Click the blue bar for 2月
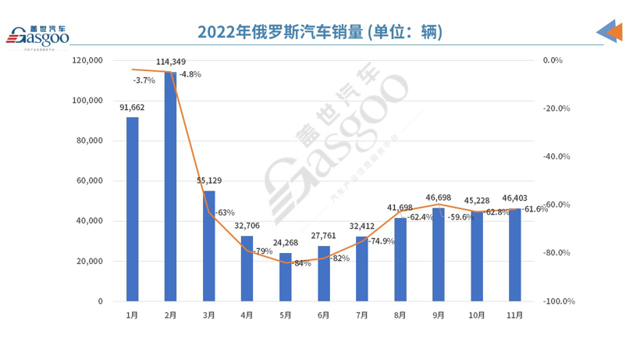pyautogui.click(x=171, y=187)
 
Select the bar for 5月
pyautogui.click(x=286, y=277)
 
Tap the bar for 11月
pyautogui.click(x=515, y=255)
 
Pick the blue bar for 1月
pyautogui.click(x=133, y=209)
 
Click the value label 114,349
pyautogui.click(x=171, y=62)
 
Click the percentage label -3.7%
pyautogui.click(x=144, y=80)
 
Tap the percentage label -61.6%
pyautogui.click(x=534, y=209)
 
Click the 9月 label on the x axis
pyautogui.click(x=439, y=315)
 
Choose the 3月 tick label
pyautogui.click(x=209, y=315)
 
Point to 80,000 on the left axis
pyautogui.click(x=87, y=141)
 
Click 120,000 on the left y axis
pyautogui.click(x=87, y=60)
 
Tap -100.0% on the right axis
pyautogui.click(x=559, y=301)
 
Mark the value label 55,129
pyautogui.click(x=209, y=180)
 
